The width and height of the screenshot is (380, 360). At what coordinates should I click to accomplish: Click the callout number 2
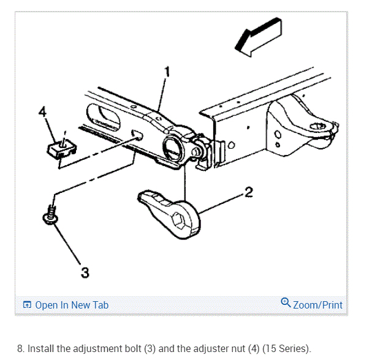pos(248,193)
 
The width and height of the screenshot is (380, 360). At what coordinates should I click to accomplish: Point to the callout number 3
pos(85,272)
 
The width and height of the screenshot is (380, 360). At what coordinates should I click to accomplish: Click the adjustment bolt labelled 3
pos(51,214)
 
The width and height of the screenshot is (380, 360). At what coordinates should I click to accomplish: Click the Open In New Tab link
pos(72,305)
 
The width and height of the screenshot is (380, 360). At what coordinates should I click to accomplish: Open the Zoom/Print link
pos(317,304)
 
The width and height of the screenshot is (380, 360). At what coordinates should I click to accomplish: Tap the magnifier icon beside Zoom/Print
pos(285,303)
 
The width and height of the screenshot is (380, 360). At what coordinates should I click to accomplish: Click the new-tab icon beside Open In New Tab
pos(26,305)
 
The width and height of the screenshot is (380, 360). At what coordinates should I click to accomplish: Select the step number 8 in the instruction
pos(20,348)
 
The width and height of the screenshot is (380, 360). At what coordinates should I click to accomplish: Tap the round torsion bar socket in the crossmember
pos(172,148)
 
